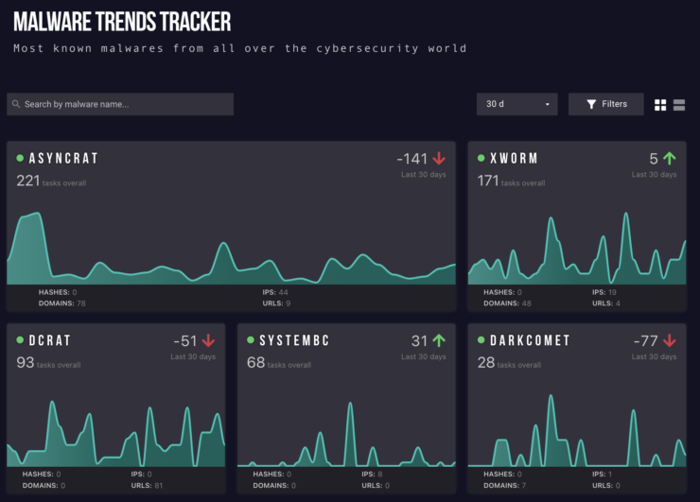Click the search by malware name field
click(x=120, y=104)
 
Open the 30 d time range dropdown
click(x=516, y=104)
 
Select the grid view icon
click(x=660, y=104)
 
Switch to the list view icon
click(x=679, y=104)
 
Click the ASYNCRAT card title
click(x=63, y=159)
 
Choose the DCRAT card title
click(x=50, y=340)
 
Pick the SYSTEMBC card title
click(x=294, y=340)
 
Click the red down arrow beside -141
click(x=439, y=159)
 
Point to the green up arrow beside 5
click(x=670, y=159)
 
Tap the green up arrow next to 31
click(x=439, y=340)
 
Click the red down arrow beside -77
click(x=670, y=340)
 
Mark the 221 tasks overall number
click(x=27, y=180)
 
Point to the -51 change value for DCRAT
click(x=184, y=340)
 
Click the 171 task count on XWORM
click(x=488, y=180)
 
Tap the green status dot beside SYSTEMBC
click(x=251, y=340)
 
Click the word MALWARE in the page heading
click(x=53, y=21)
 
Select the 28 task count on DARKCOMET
click(x=485, y=362)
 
